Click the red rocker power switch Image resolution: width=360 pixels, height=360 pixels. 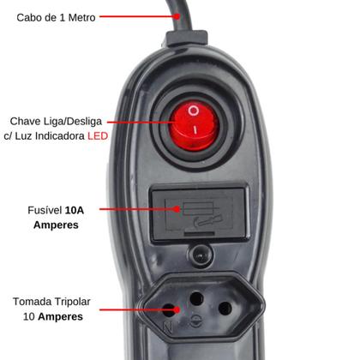[194, 125]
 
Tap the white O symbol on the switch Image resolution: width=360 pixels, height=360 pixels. [194, 111]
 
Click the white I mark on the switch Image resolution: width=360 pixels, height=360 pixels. [195, 130]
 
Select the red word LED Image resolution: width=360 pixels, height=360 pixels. [98, 135]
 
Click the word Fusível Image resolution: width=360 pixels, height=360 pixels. [45, 210]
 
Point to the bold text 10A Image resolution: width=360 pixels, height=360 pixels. [75, 210]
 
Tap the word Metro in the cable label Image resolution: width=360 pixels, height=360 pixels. [82, 18]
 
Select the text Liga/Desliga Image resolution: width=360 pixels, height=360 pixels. [73, 122]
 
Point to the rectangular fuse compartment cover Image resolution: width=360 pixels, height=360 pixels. [200, 213]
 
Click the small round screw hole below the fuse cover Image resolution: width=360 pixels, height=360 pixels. [200, 255]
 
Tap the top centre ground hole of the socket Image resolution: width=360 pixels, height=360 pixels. [197, 298]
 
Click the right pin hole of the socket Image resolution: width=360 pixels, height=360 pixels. [225, 309]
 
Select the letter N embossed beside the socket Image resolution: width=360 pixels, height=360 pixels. [167, 327]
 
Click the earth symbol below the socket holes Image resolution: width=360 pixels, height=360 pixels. [196, 321]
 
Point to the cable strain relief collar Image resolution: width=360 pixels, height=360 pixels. [187, 39]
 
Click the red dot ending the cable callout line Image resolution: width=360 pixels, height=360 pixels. [177, 16]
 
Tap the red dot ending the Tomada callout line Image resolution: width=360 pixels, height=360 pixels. [177, 309]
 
